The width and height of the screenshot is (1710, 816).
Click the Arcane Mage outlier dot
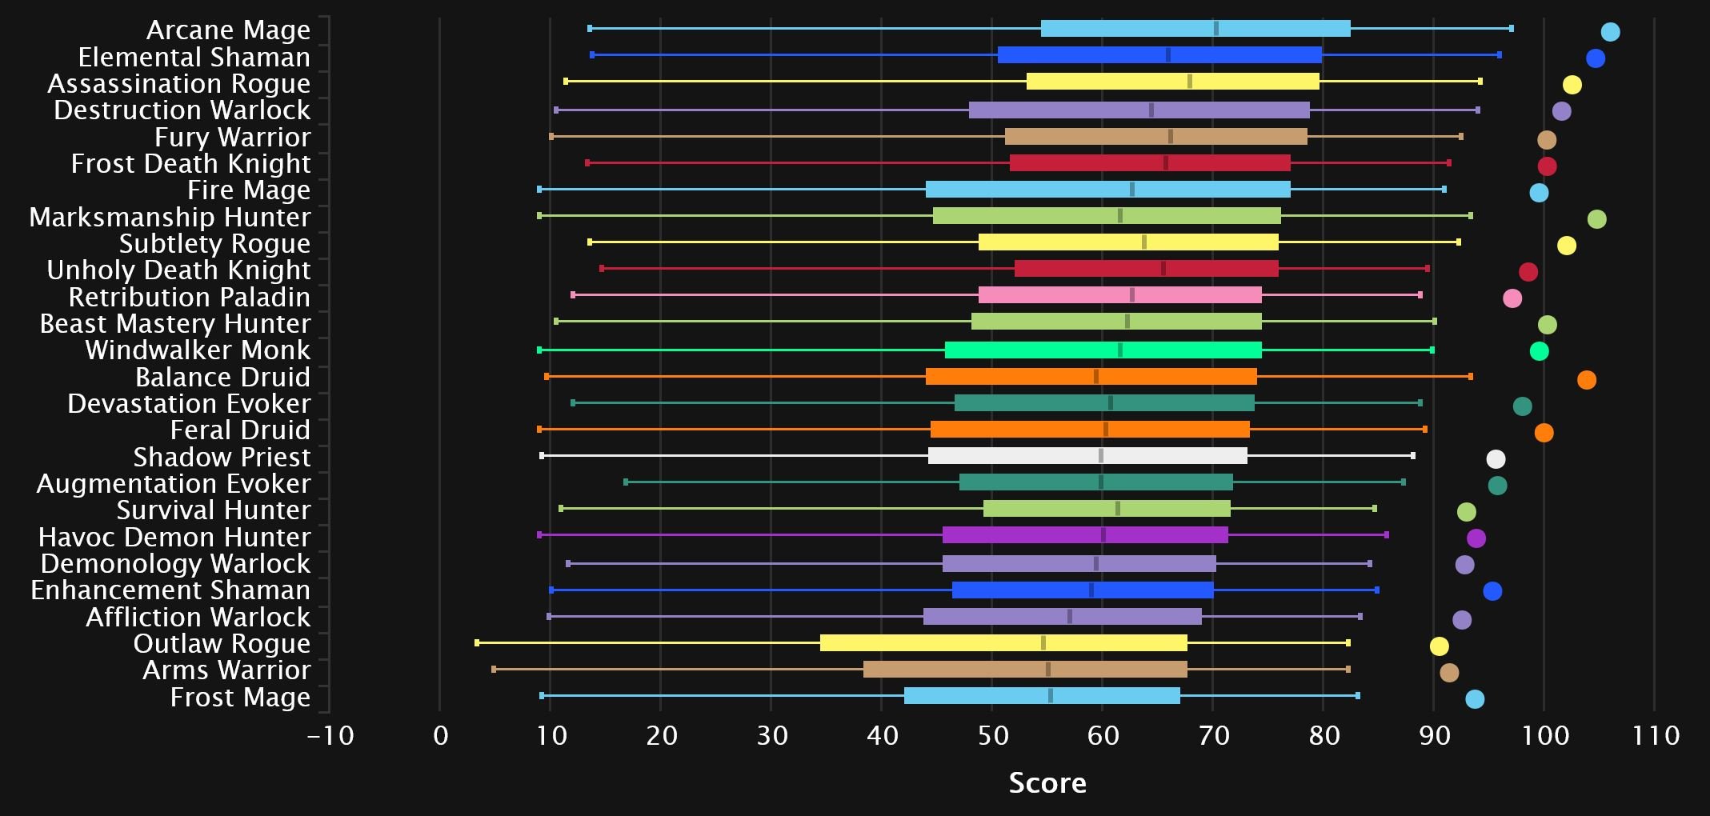click(x=1610, y=32)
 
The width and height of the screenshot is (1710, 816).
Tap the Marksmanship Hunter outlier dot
click(x=1596, y=219)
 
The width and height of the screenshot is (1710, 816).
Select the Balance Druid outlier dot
click(x=1587, y=380)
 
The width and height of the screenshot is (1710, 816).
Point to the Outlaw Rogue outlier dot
click(x=1439, y=646)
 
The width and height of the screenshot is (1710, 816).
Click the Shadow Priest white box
click(x=1087, y=456)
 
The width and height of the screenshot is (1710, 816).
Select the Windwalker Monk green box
click(x=1103, y=350)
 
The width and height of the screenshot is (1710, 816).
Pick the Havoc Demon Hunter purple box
click(x=1085, y=535)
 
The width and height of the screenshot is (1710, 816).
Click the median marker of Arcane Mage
click(x=1216, y=29)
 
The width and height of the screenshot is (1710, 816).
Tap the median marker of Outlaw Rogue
click(x=1043, y=643)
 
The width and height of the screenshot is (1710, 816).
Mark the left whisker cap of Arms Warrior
click(x=494, y=669)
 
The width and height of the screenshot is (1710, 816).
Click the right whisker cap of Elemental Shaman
click(x=1499, y=55)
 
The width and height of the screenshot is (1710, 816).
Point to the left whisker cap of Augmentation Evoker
click(x=626, y=482)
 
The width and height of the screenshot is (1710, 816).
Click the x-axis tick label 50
click(x=992, y=735)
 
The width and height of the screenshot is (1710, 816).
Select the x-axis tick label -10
click(x=330, y=735)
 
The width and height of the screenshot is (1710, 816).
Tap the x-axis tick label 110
click(x=1656, y=735)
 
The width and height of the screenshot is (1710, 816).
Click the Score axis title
click(x=1047, y=782)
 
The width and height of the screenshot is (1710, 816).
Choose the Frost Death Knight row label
click(x=190, y=163)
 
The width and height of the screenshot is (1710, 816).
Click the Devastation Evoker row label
click(x=189, y=403)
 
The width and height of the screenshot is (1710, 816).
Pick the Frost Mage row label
click(x=240, y=697)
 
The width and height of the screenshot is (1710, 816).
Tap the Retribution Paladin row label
click(x=190, y=297)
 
